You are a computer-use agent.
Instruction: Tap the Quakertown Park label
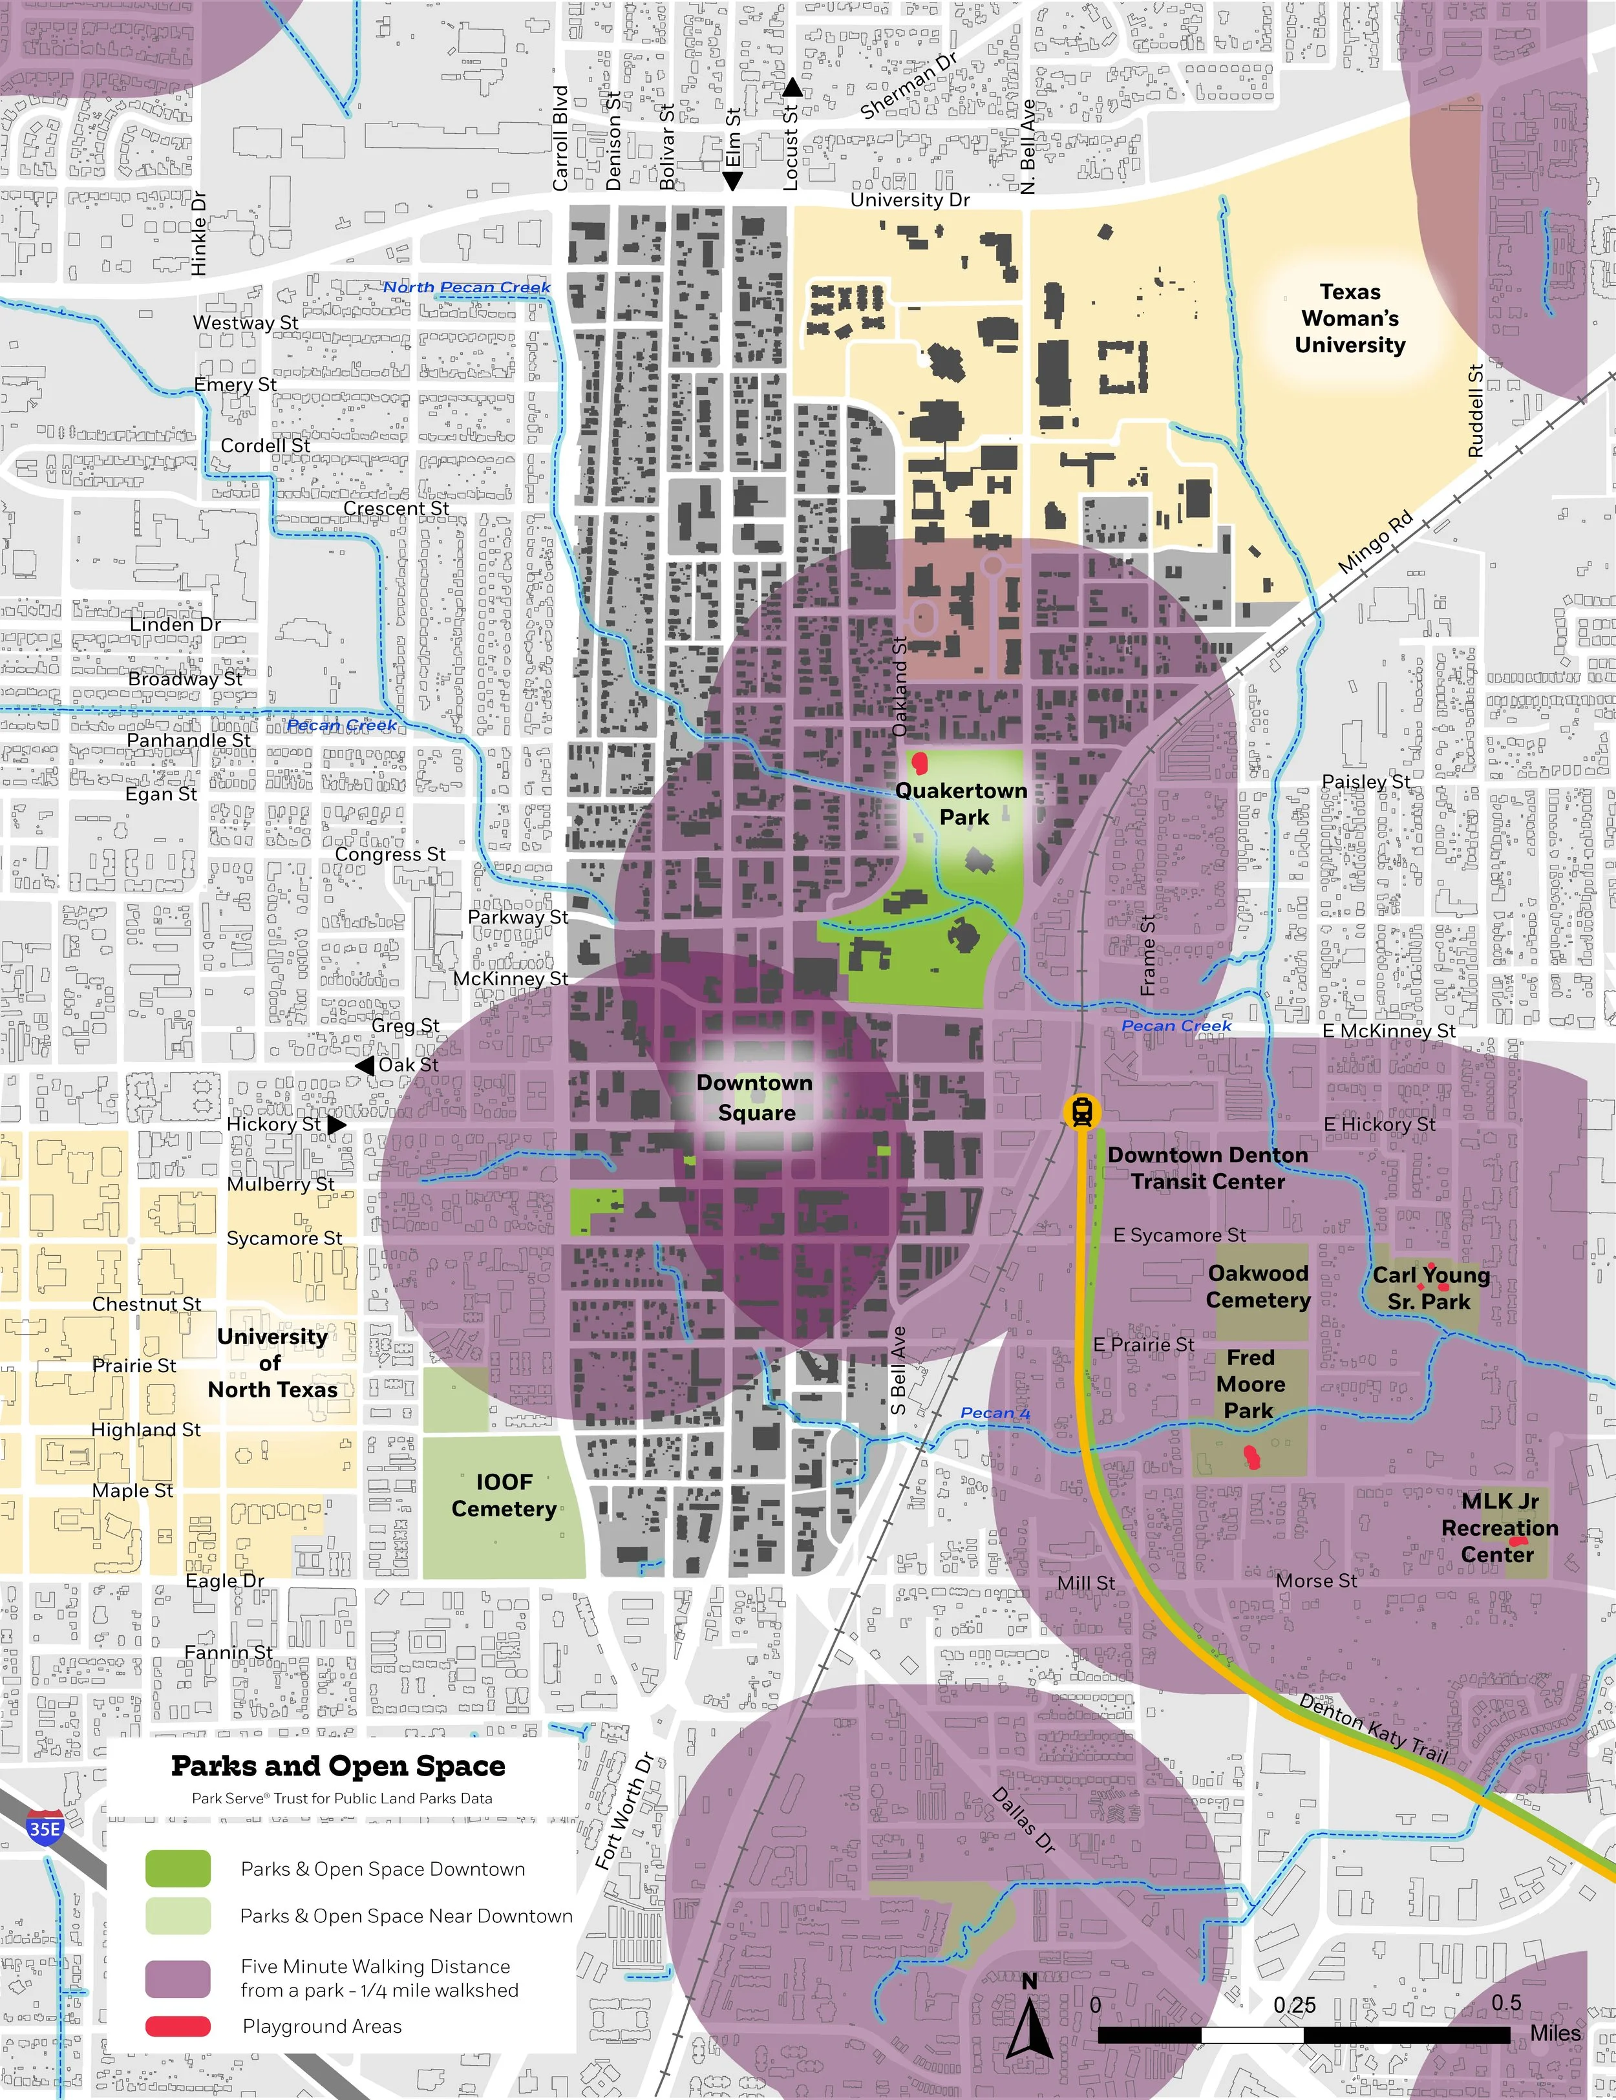pos(961,804)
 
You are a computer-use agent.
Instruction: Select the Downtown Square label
pos(754,1097)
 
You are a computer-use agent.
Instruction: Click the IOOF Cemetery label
pos(504,1495)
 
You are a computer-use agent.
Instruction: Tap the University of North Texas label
pos(272,1363)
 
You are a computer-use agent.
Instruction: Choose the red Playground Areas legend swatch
pos(178,2026)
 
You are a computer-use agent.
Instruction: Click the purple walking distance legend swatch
pos(178,1978)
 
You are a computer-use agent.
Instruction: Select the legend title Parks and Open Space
pos(337,1766)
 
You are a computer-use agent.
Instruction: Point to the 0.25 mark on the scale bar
pos(1295,2005)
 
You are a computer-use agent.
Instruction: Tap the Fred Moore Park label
pos(1249,1384)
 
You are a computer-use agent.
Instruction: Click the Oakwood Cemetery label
pos(1259,1286)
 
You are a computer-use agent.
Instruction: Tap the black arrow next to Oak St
pos(365,1065)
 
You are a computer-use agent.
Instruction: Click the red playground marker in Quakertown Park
pos(920,763)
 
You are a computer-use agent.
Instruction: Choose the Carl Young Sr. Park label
pos(1430,1288)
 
